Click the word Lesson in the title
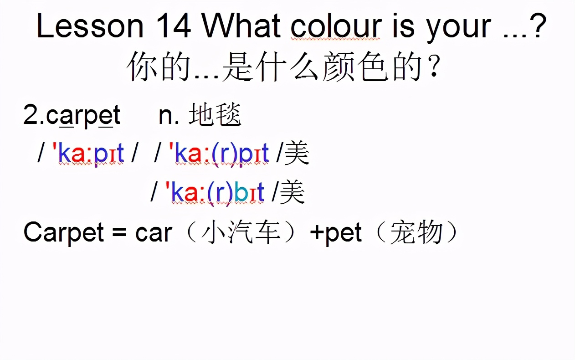90,26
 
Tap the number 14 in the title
174,26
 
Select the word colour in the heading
336,26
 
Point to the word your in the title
458,28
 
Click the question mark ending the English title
538,25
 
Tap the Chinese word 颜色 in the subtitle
355,66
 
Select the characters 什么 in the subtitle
288,66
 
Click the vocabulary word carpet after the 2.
83,115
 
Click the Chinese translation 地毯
215,114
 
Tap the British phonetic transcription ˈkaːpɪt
88,153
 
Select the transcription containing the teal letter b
215,193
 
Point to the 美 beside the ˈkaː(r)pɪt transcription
297,153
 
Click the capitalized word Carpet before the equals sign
64,233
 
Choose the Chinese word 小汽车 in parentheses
241,233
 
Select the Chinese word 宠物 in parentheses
416,233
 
